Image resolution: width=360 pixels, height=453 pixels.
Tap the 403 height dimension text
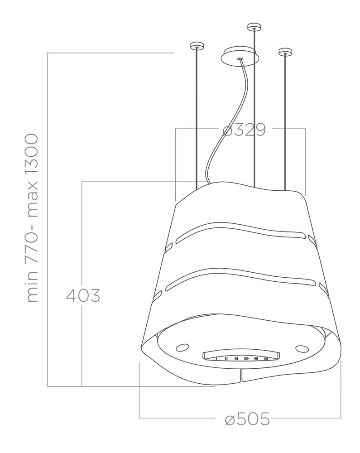[x=83, y=295]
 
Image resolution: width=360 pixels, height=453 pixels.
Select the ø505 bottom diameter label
[x=247, y=419]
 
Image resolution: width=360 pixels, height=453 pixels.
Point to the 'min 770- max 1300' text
[x=32, y=218]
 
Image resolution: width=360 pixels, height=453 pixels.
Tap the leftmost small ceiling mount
[x=197, y=46]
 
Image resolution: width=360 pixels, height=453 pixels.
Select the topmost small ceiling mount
[x=254, y=27]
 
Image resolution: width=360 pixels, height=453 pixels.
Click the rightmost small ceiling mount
[x=285, y=52]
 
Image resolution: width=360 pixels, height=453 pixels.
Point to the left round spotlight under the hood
[x=182, y=347]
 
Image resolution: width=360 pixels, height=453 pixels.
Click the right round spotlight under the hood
[x=302, y=349]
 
